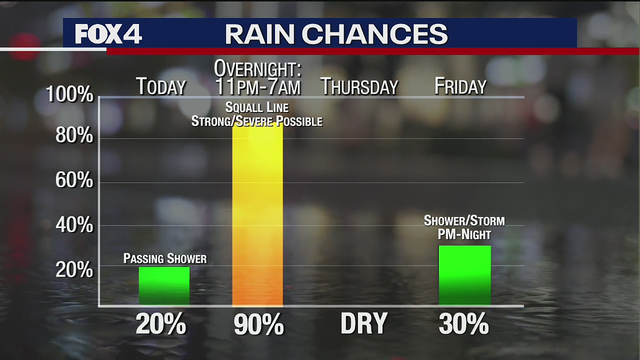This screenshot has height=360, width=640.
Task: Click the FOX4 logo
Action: (108, 34)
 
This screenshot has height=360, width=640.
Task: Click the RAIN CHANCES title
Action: (336, 34)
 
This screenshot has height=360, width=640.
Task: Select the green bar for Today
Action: (164, 286)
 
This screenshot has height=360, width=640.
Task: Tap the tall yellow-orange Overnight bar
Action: (257, 215)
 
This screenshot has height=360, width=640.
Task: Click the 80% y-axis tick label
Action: (74, 135)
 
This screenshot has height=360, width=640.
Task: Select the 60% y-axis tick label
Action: (74, 180)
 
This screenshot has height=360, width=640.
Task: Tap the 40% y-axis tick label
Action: (74, 225)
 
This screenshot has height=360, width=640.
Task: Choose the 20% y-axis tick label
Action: (74, 269)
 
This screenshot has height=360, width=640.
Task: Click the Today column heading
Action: (161, 86)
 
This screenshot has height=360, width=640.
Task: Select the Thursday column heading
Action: (359, 86)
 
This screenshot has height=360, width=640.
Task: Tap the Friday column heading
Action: (460, 86)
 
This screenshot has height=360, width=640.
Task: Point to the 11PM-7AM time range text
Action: (257, 86)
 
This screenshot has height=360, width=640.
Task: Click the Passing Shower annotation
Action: (165, 258)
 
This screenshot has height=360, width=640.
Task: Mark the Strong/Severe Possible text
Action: (257, 121)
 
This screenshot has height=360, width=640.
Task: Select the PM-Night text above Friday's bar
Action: (464, 233)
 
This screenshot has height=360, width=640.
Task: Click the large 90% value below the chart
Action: (258, 325)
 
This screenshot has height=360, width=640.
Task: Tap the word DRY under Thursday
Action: (364, 324)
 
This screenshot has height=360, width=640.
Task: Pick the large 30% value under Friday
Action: (463, 325)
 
